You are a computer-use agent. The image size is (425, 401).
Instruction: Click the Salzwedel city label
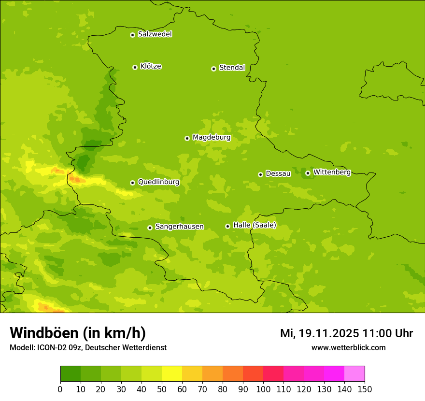coord(155,34)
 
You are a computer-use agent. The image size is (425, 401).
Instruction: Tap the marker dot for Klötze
coord(135,67)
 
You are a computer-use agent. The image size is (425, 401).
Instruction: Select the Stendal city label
coord(232,68)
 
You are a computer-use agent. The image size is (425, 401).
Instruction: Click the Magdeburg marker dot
coord(187,138)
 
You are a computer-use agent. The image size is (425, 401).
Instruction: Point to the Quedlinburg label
coord(158,182)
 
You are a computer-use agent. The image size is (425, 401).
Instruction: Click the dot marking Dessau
coord(260,174)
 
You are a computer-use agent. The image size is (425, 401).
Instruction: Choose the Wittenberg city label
coord(332,172)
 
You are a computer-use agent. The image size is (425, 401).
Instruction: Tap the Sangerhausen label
coord(179,227)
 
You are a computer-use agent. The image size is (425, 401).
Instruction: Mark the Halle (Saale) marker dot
coord(227,226)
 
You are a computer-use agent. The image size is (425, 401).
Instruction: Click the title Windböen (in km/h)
coord(78,333)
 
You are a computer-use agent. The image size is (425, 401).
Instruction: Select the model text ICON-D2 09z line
coord(88,348)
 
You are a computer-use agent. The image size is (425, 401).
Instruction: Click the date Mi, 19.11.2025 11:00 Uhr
coord(346,333)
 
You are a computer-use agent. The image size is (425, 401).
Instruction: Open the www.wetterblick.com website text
coord(348,348)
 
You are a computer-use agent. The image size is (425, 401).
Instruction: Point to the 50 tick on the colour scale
coord(162,389)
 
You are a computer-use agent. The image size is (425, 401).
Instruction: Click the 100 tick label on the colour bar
coord(263,389)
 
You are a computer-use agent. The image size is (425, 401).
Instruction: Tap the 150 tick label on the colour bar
coord(365,389)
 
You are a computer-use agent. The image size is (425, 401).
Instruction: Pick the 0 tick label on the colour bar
coord(60,389)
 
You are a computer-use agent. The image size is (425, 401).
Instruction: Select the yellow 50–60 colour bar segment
coord(172,374)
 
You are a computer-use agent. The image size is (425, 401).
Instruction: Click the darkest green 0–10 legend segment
coord(71,374)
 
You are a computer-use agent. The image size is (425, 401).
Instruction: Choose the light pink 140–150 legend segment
coord(354,374)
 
